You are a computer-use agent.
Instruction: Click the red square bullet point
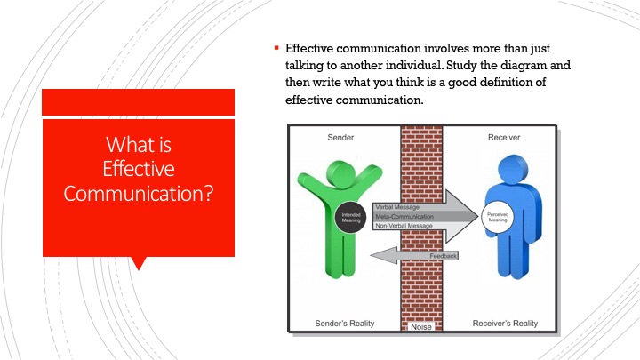click(x=276, y=48)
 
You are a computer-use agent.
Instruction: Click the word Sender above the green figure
click(x=340, y=138)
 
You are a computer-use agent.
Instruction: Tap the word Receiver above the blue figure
click(x=504, y=138)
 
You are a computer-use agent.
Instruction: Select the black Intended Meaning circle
click(x=350, y=218)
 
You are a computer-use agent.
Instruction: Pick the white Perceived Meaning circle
click(x=498, y=217)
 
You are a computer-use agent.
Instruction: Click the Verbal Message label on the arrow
click(x=397, y=207)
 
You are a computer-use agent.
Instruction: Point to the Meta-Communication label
click(x=404, y=216)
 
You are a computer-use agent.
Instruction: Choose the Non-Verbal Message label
click(x=404, y=226)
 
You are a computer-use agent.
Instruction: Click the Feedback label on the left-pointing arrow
click(x=443, y=256)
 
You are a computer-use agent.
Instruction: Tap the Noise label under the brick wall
click(x=421, y=326)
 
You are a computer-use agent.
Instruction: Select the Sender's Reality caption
click(x=345, y=324)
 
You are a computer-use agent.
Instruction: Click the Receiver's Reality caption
click(x=505, y=324)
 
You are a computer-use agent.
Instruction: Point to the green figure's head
click(x=340, y=175)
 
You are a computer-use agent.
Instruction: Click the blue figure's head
click(x=513, y=170)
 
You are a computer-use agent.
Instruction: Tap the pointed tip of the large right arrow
click(x=478, y=216)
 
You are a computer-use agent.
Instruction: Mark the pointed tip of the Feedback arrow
click(x=371, y=255)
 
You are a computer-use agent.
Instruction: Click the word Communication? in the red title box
click(x=139, y=193)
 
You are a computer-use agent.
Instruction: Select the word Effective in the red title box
click(x=139, y=169)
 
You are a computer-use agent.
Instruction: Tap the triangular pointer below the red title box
click(x=139, y=264)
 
